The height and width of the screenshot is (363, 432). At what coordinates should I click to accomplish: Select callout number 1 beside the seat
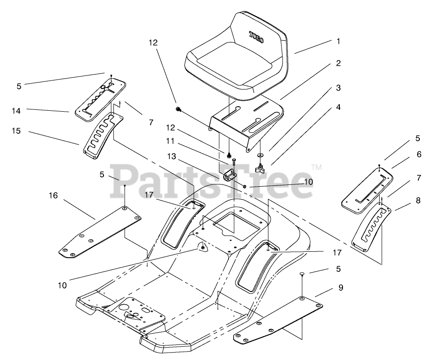338,41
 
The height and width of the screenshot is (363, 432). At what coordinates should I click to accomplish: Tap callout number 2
338,63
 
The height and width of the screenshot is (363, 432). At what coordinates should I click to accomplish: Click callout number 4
338,108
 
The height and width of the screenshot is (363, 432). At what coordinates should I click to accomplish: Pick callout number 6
419,155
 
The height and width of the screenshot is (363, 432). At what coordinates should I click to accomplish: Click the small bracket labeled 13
230,175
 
